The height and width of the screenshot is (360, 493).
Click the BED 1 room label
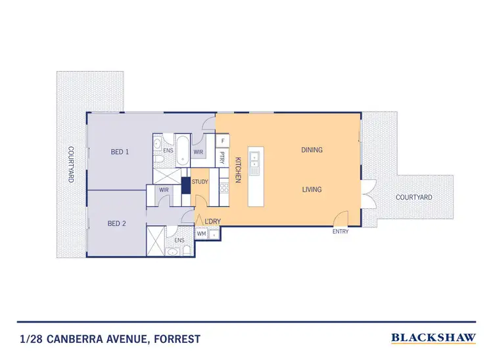120,152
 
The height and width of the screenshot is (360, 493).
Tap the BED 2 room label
116,224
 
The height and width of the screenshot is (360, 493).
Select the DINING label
312,150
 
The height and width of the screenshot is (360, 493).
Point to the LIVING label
312,190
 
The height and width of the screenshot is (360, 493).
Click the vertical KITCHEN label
239,169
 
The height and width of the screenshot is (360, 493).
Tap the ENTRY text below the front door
340,232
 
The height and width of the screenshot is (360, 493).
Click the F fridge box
223,141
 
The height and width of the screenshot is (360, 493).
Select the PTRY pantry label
223,158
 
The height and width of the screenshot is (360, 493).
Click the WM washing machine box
202,233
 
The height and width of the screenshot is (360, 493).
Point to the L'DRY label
212,221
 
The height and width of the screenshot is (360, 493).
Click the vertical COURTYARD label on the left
70,164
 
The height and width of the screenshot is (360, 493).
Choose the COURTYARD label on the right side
413,197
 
